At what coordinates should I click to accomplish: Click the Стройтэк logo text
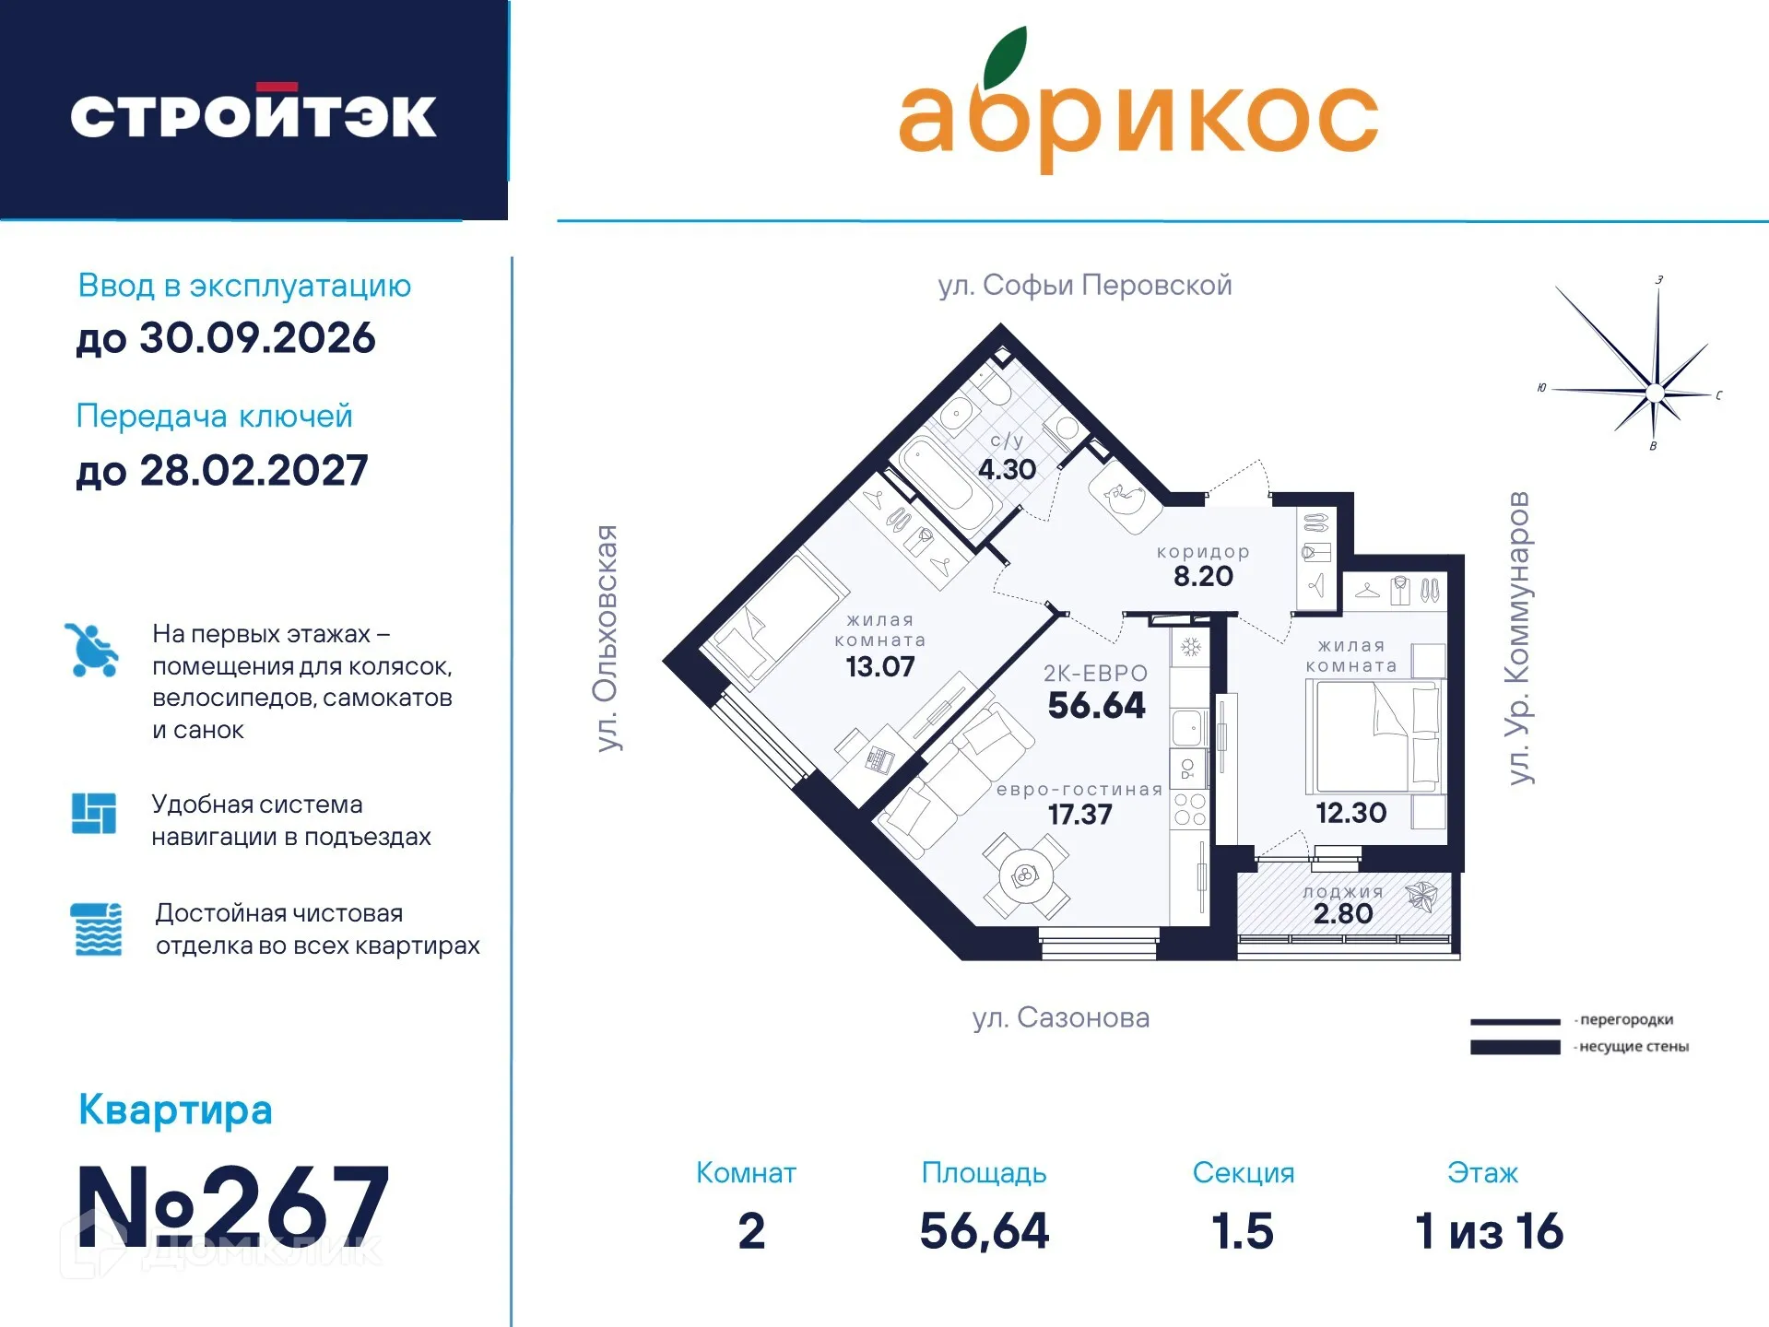pos(254,116)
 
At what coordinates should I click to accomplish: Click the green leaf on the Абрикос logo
pos(1005,57)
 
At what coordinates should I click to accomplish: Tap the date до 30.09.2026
pos(226,338)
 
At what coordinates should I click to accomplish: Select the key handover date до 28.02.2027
pos(222,471)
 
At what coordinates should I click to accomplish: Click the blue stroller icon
pos(91,650)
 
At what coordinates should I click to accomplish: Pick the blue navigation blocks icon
pos(94,813)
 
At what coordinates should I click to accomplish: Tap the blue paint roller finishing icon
pos(96,929)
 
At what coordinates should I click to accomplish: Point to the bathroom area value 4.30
pos(1007,469)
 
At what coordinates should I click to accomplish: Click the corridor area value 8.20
pos(1203,576)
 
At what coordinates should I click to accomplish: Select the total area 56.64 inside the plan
pos(1096,705)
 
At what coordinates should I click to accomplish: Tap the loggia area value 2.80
pos(1343,913)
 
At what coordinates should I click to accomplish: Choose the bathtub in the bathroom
pos(947,485)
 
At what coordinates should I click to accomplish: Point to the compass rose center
pos(1655,393)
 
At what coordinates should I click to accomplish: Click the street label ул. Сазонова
pos(1061,1017)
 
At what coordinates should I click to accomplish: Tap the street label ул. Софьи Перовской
pos(1085,285)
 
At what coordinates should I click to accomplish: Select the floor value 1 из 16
pos(1489,1231)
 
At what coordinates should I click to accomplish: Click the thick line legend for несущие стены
pos(1515,1047)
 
